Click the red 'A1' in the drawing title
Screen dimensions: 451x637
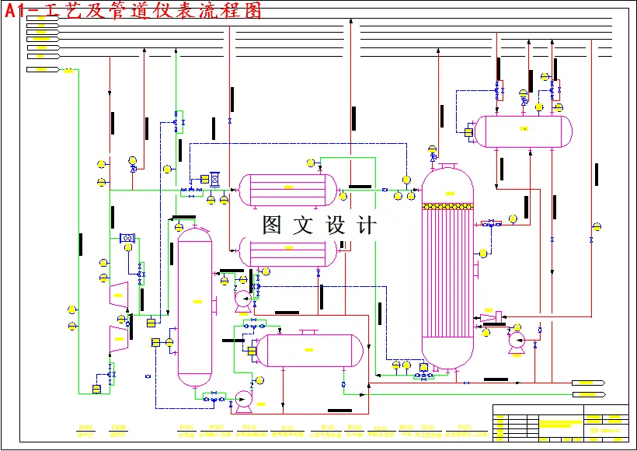tap(17, 10)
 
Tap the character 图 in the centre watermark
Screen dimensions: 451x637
tap(273, 226)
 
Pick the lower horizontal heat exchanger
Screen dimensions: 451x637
tap(287, 250)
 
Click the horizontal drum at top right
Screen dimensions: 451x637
tap(524, 131)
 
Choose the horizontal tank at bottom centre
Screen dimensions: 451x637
tap(309, 351)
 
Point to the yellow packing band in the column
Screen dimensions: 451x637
tap(447, 206)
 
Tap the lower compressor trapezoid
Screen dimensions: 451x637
tap(118, 334)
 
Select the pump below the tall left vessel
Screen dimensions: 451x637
tap(242, 400)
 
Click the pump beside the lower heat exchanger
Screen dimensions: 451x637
tap(243, 297)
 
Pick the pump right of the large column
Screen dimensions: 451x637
tap(516, 341)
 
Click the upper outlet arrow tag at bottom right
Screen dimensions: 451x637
tap(588, 383)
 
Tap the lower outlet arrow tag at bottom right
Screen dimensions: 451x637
tap(588, 394)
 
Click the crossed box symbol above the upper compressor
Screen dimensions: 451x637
tap(126, 238)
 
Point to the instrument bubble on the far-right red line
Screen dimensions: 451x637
tap(597, 227)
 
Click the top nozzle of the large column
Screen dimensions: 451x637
tap(447, 165)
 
